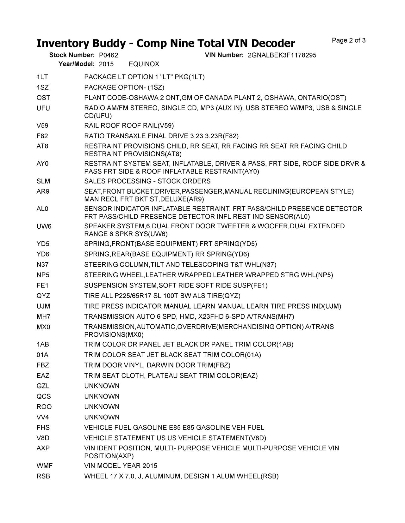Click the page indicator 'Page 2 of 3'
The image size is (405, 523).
[x=349, y=40]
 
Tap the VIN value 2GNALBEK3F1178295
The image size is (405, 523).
[x=282, y=55]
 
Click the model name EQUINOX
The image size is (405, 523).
[x=144, y=64]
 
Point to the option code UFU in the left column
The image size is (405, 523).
[x=43, y=108]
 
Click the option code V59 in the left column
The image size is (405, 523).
[x=42, y=126]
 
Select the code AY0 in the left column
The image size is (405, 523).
[x=43, y=164]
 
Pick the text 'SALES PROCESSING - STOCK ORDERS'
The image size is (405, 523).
[x=147, y=181]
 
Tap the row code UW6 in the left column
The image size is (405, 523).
[x=44, y=226]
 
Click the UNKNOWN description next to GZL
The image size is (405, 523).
[x=102, y=386]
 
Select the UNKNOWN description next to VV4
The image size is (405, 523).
[x=102, y=417]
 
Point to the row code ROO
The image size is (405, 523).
[x=44, y=407]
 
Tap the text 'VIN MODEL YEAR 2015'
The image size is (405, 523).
[x=121, y=466]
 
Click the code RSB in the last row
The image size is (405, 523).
[x=43, y=476]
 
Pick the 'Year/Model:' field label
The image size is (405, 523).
[x=77, y=64]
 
